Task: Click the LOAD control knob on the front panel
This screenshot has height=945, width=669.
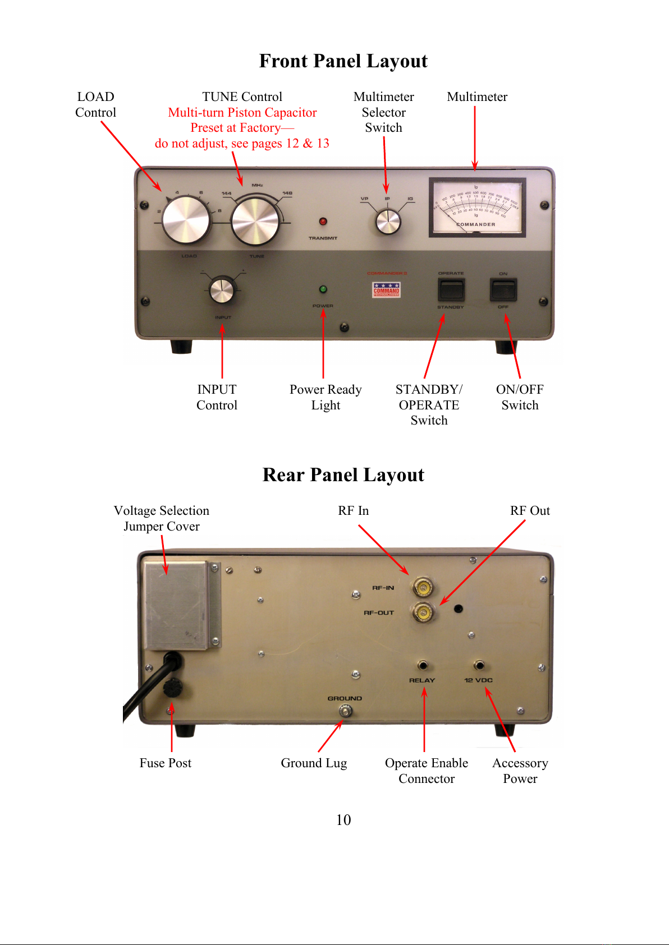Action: coord(186,220)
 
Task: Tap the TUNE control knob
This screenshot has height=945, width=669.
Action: coord(255,222)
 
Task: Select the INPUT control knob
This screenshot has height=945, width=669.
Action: coord(222,290)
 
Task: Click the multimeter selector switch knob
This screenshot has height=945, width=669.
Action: coord(388,222)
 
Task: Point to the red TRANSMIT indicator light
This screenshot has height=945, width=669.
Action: coord(323,222)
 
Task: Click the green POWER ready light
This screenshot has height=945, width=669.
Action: coord(323,289)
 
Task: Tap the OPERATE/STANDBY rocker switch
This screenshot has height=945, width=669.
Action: coord(451,290)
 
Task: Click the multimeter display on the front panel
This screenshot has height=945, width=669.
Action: coord(477,207)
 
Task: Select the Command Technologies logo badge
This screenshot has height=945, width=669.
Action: coord(386,289)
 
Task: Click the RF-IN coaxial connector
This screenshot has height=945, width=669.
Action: coord(422,588)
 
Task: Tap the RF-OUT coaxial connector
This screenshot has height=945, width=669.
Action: coord(422,612)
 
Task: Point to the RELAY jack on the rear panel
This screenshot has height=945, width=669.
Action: coord(423,666)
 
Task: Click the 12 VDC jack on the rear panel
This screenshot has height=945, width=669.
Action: coord(479,666)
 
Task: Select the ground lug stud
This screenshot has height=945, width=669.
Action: coord(346,711)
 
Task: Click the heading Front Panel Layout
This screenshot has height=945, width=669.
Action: coord(343,61)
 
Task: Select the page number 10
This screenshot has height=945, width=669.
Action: coord(343,820)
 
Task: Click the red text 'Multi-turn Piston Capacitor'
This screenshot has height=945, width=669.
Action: coord(242,112)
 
